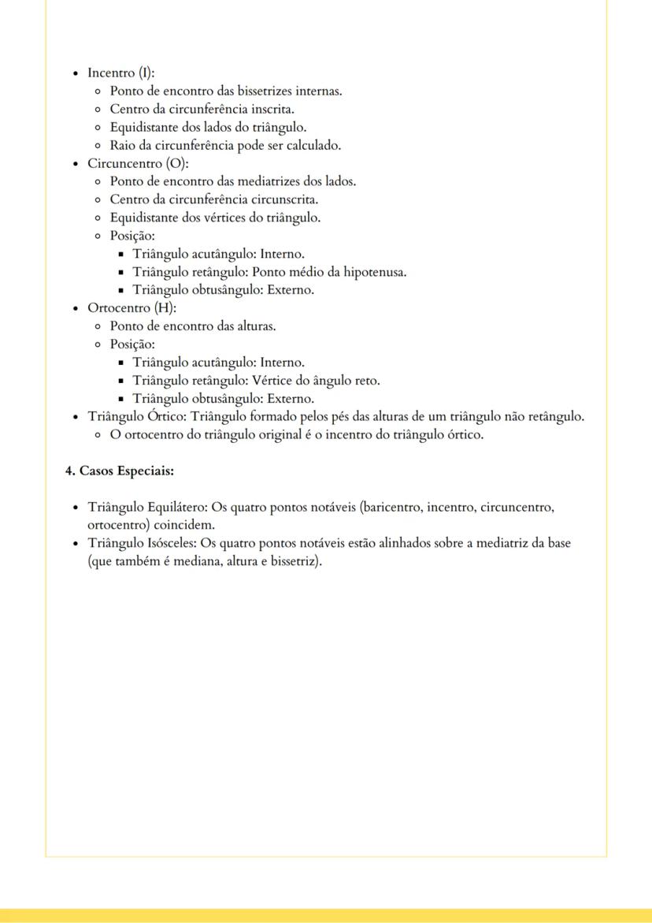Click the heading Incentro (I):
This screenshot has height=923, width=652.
[x=120, y=73]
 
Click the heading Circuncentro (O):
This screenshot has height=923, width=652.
[x=133, y=163]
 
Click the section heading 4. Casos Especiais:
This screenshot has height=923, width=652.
[x=119, y=471]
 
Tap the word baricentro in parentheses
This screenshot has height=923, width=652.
[x=391, y=508]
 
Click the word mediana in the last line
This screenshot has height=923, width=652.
[x=200, y=562]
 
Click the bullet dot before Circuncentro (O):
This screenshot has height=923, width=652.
[x=75, y=164]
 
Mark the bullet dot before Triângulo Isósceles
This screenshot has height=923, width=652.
[x=75, y=544]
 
